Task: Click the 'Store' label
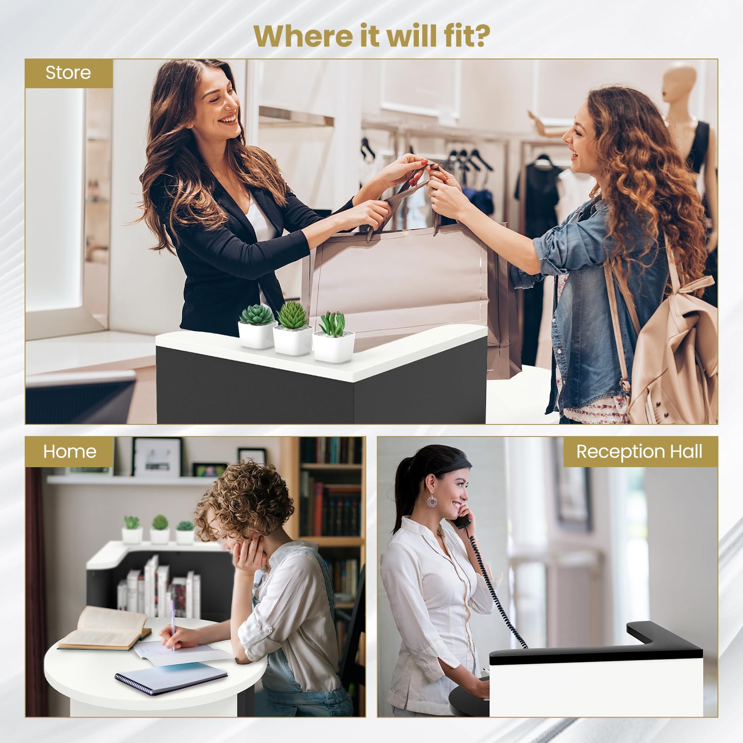68,73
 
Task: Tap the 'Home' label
70,451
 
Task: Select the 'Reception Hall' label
639,452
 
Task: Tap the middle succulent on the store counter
293,327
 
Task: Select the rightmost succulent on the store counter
333,338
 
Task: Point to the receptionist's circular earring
432,502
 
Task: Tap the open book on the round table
104,628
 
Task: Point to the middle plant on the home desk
160,529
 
